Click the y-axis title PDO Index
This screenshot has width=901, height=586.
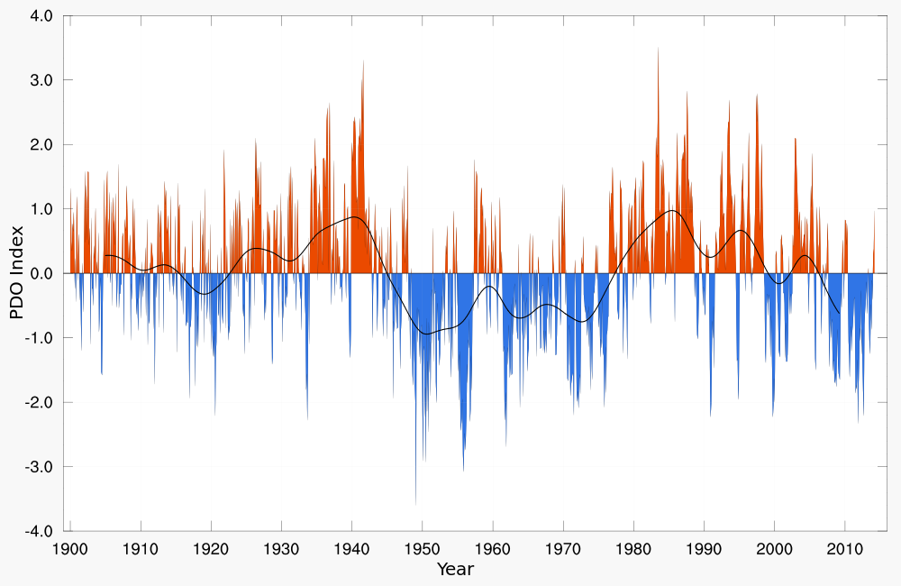[x=16, y=273]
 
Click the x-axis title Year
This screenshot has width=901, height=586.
[x=455, y=569]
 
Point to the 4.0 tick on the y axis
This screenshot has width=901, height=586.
[x=41, y=16]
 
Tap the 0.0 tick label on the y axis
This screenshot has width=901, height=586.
[x=41, y=273]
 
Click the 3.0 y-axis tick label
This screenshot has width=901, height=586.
[x=41, y=80]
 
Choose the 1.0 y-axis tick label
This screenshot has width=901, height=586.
[x=41, y=209]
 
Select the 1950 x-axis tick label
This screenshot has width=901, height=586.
[x=423, y=549]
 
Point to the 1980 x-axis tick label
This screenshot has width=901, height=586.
[x=633, y=549]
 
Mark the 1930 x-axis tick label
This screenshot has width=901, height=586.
[x=281, y=549]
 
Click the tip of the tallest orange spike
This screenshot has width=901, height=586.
[x=658, y=48]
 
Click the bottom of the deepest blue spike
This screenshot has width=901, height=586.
[x=415, y=504]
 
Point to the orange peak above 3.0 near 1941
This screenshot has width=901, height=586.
[x=363, y=61]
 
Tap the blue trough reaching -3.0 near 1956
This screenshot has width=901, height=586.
[x=463, y=470]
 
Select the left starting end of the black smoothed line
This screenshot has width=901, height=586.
[x=105, y=255]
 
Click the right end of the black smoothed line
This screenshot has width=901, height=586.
[x=840, y=314]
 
